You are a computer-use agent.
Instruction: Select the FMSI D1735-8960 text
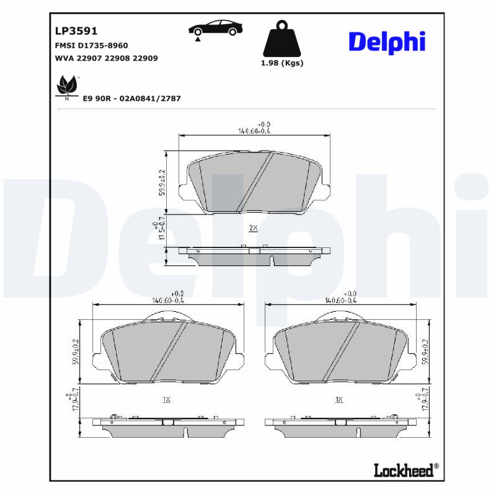point(92,45)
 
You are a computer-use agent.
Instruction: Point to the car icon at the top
point(215,29)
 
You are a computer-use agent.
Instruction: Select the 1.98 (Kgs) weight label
point(283,63)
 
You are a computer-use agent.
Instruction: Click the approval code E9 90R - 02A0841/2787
point(131,99)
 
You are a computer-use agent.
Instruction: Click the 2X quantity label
point(253,228)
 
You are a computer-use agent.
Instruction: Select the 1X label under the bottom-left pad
point(166,400)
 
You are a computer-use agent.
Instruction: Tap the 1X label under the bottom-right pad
point(339,400)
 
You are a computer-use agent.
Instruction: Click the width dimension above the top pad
point(254,128)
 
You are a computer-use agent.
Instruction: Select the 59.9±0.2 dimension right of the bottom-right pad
point(425,352)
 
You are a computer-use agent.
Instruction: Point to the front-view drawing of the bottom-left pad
point(167,352)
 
